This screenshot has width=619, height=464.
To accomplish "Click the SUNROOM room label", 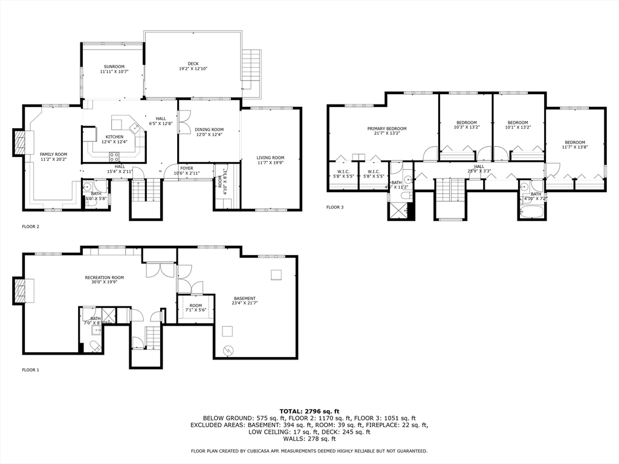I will (114, 66).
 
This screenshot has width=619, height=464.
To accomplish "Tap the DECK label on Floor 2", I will (193, 63).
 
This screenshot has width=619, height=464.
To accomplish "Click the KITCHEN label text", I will (114, 137).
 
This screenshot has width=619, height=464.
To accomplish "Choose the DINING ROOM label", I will (209, 129).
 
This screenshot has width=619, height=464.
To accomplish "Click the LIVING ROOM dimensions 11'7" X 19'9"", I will (270, 163).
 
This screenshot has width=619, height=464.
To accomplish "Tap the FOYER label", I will (187, 168).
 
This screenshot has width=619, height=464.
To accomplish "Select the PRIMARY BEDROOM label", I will (387, 129).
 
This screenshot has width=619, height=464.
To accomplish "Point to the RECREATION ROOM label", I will (104, 277).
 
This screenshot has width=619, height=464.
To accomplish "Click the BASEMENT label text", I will (245, 298).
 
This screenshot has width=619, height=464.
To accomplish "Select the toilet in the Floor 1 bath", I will (96, 346).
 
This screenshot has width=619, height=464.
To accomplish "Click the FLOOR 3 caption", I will (335, 207).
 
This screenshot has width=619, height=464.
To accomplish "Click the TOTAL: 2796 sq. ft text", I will (309, 411).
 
